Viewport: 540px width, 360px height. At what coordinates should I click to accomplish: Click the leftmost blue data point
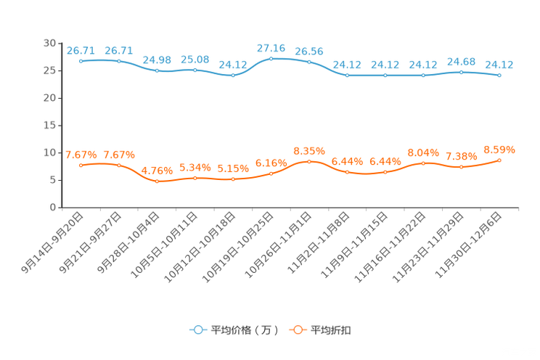(x=81, y=62)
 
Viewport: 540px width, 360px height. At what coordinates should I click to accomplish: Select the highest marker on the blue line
(x=271, y=58)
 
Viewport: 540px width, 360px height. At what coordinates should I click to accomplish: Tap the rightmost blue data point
(x=499, y=75)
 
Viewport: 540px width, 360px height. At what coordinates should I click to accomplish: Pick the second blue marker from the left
(x=118, y=62)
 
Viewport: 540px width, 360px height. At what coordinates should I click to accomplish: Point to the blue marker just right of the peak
(x=309, y=62)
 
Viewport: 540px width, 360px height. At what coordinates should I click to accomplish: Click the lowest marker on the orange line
(x=157, y=181)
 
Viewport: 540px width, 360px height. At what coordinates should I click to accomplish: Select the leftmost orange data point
(x=81, y=165)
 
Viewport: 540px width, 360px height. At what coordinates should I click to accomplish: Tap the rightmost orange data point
(x=499, y=160)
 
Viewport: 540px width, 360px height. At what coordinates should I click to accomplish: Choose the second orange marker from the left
(x=118, y=165)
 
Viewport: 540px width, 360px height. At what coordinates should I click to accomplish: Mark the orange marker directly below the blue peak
(x=271, y=173)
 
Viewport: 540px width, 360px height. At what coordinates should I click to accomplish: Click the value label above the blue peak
(x=271, y=47)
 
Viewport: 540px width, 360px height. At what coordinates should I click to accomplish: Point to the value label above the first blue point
(x=81, y=50)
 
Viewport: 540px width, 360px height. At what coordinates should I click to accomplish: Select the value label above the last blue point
(x=499, y=64)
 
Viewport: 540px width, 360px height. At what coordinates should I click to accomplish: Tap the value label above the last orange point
(x=499, y=150)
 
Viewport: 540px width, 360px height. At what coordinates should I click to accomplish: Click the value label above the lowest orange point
(x=157, y=170)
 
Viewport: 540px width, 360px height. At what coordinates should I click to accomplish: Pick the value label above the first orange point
(x=81, y=155)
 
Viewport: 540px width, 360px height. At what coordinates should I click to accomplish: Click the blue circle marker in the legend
(x=197, y=330)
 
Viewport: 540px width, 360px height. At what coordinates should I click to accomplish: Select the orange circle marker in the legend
(x=297, y=330)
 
